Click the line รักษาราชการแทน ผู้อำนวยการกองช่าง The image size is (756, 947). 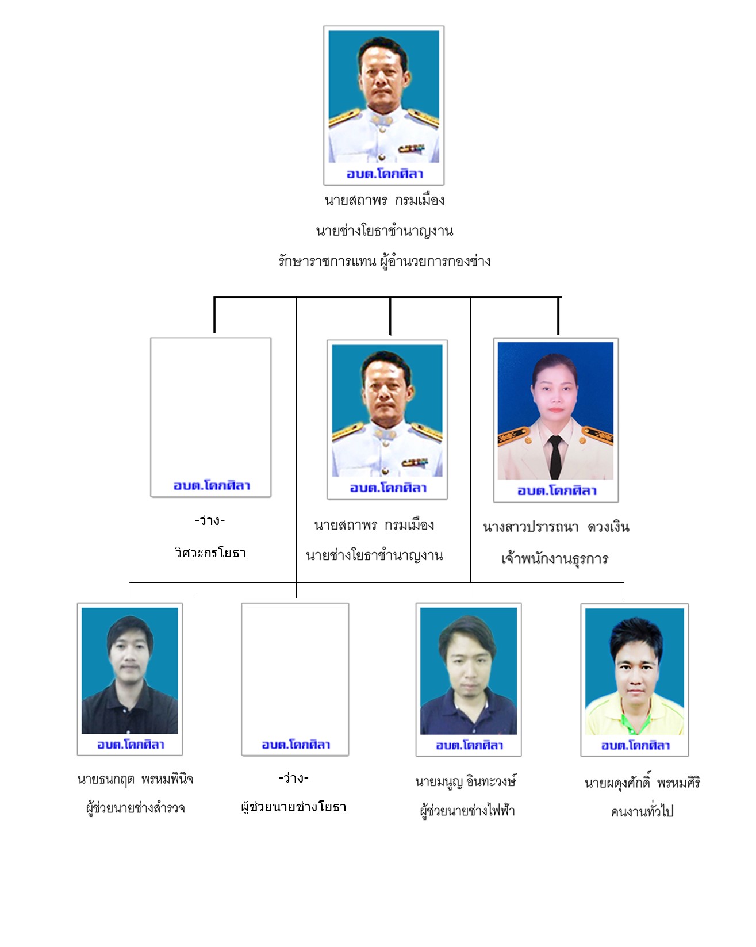(x=384, y=261)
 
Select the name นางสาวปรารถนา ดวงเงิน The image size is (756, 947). (x=556, y=527)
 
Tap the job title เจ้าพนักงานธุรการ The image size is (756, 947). (x=555, y=558)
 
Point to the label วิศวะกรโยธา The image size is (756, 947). (x=210, y=553)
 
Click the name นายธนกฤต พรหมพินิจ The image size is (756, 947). (x=135, y=780)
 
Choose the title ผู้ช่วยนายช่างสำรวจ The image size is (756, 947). (x=135, y=808)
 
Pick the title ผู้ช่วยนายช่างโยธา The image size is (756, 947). (x=294, y=807)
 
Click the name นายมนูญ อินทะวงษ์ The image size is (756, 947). (x=466, y=781)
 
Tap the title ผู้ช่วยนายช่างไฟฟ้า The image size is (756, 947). (x=467, y=811)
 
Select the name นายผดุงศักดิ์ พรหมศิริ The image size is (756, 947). (x=642, y=783)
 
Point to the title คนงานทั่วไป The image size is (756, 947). (x=642, y=812)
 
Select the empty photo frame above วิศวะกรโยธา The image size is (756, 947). (x=210, y=417)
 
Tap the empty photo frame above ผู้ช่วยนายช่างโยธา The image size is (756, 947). (x=295, y=679)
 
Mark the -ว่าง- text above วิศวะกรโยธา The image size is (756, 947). (x=210, y=520)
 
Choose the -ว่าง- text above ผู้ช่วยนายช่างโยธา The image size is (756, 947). (x=293, y=778)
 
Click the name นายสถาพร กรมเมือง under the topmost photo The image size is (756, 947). (x=385, y=200)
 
